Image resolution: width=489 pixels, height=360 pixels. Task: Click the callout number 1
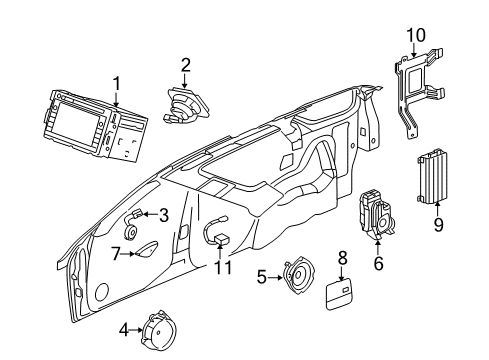click(x=117, y=84)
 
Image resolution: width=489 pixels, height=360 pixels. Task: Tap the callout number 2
click(x=185, y=66)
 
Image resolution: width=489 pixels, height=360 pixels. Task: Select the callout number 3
click(x=163, y=213)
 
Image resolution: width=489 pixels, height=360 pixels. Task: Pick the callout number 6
click(x=378, y=264)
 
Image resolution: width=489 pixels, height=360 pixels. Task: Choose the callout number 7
click(x=116, y=254)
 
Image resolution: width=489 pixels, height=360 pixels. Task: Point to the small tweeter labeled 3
click(x=136, y=214)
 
